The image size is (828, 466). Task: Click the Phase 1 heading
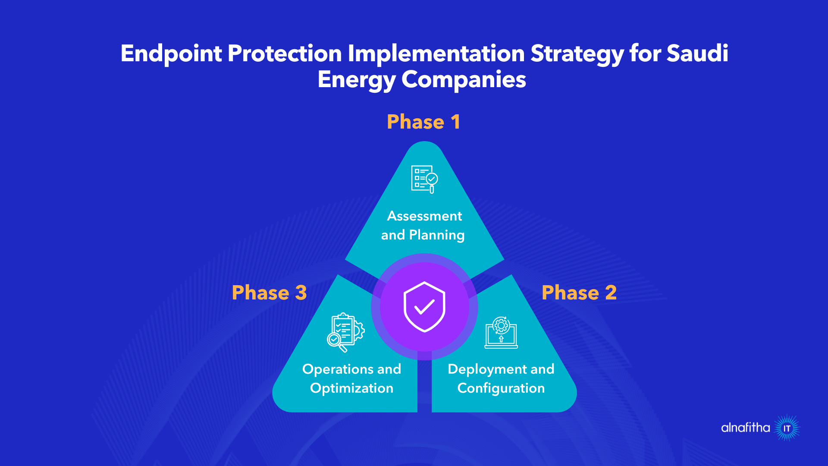pyautogui.click(x=423, y=122)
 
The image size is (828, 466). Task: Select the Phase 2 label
pyautogui.click(x=579, y=293)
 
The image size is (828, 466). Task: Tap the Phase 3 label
pyautogui.click(x=269, y=293)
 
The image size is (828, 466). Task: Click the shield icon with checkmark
pyautogui.click(x=424, y=307)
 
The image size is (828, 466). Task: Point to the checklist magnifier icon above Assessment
pyautogui.click(x=424, y=179)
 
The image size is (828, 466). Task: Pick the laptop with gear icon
pyautogui.click(x=501, y=333)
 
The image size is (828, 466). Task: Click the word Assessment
pyautogui.click(x=424, y=216)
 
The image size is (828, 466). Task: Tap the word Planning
pyautogui.click(x=436, y=235)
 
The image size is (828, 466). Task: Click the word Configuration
pyautogui.click(x=501, y=388)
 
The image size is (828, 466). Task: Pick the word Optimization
pyautogui.click(x=351, y=388)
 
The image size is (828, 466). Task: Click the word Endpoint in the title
pyautogui.click(x=171, y=54)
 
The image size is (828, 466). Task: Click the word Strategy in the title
pyautogui.click(x=577, y=54)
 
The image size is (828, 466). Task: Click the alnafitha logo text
pyautogui.click(x=745, y=428)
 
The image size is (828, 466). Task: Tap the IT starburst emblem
pyautogui.click(x=787, y=428)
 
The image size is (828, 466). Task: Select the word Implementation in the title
pyautogui.click(x=436, y=54)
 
